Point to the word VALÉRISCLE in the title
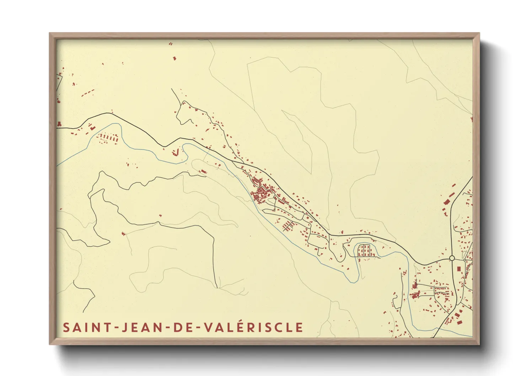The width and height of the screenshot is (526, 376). pos(254,327)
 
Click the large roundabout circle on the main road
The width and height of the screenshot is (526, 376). pos(452,258)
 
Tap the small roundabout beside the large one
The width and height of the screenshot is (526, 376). pos(465,260)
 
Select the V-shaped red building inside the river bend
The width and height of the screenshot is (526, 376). pos(175,152)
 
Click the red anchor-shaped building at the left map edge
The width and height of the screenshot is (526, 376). pos(59,124)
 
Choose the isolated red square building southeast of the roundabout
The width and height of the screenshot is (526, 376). pos(458,268)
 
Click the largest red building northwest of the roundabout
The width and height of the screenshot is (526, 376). pos(446,202)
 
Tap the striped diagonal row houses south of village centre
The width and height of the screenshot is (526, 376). pos(289,226)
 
